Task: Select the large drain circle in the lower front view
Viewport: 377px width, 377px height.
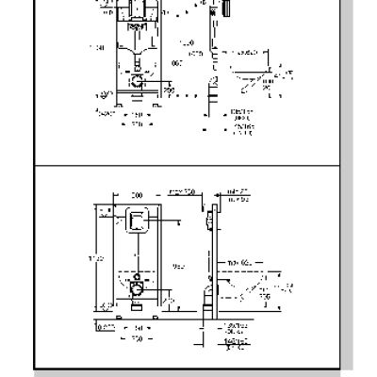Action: (138, 286)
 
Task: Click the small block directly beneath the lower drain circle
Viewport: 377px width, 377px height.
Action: (138, 303)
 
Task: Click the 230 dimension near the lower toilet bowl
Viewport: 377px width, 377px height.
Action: (269, 294)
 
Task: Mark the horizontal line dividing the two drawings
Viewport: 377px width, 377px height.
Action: (188, 167)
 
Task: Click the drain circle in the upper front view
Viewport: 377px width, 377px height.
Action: (139, 82)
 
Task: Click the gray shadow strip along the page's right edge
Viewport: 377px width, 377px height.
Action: (362, 188)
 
